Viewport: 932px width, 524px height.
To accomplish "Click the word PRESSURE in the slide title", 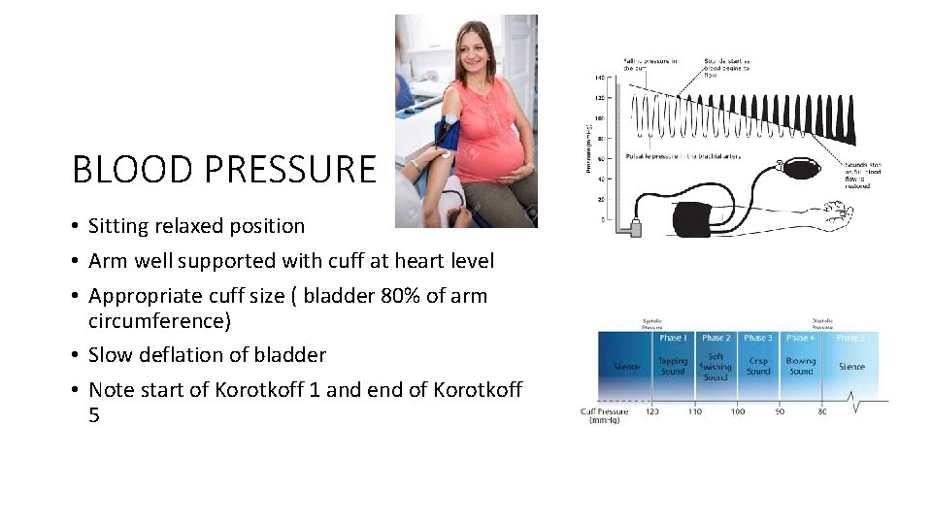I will pyautogui.click(x=290, y=169).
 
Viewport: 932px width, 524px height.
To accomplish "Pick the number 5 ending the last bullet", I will pyautogui.click(x=94, y=415).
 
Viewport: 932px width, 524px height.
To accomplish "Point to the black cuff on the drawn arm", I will pyautogui.click(x=693, y=218).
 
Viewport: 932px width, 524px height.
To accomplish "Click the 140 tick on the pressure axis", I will pyautogui.click(x=599, y=77).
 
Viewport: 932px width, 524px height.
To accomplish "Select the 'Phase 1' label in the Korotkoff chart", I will pyautogui.click(x=671, y=338).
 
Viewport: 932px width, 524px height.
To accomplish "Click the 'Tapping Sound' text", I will pyautogui.click(x=672, y=366).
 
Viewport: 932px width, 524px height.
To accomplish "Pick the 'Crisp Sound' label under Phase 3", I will pyautogui.click(x=758, y=366).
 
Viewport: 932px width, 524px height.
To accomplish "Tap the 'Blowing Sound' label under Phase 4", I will pyautogui.click(x=801, y=366).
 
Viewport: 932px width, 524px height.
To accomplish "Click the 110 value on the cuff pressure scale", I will pyautogui.click(x=694, y=411).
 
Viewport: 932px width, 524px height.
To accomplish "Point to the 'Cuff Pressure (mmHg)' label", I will pyautogui.click(x=604, y=416).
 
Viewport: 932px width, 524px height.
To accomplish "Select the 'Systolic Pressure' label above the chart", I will pyautogui.click(x=652, y=325).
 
